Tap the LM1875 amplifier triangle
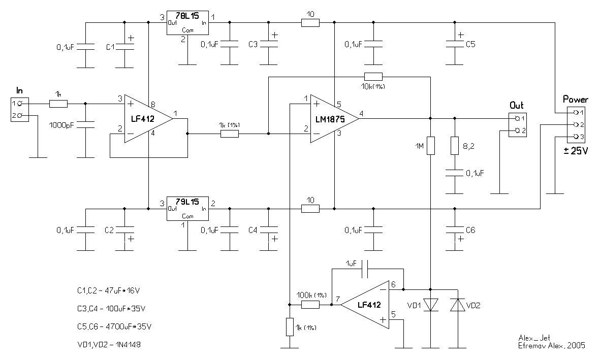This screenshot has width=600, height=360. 332,118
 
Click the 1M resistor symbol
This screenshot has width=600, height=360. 430,146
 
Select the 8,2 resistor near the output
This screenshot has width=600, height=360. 455,146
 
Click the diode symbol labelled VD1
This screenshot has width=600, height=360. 430,305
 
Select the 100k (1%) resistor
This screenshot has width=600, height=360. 310,305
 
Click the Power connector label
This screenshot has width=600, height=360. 576,100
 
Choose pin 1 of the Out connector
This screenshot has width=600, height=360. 517,118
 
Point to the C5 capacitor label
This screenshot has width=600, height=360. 470,45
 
